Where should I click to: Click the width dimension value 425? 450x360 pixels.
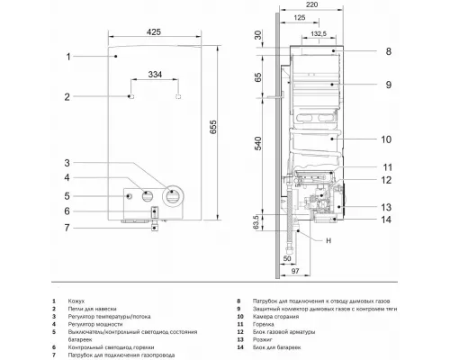[156, 33]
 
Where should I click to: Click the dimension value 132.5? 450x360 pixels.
[318, 32]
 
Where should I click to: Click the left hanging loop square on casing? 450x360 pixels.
[131, 95]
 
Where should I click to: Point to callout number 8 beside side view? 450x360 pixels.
[388, 52]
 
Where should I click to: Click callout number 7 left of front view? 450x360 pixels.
[67, 228]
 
